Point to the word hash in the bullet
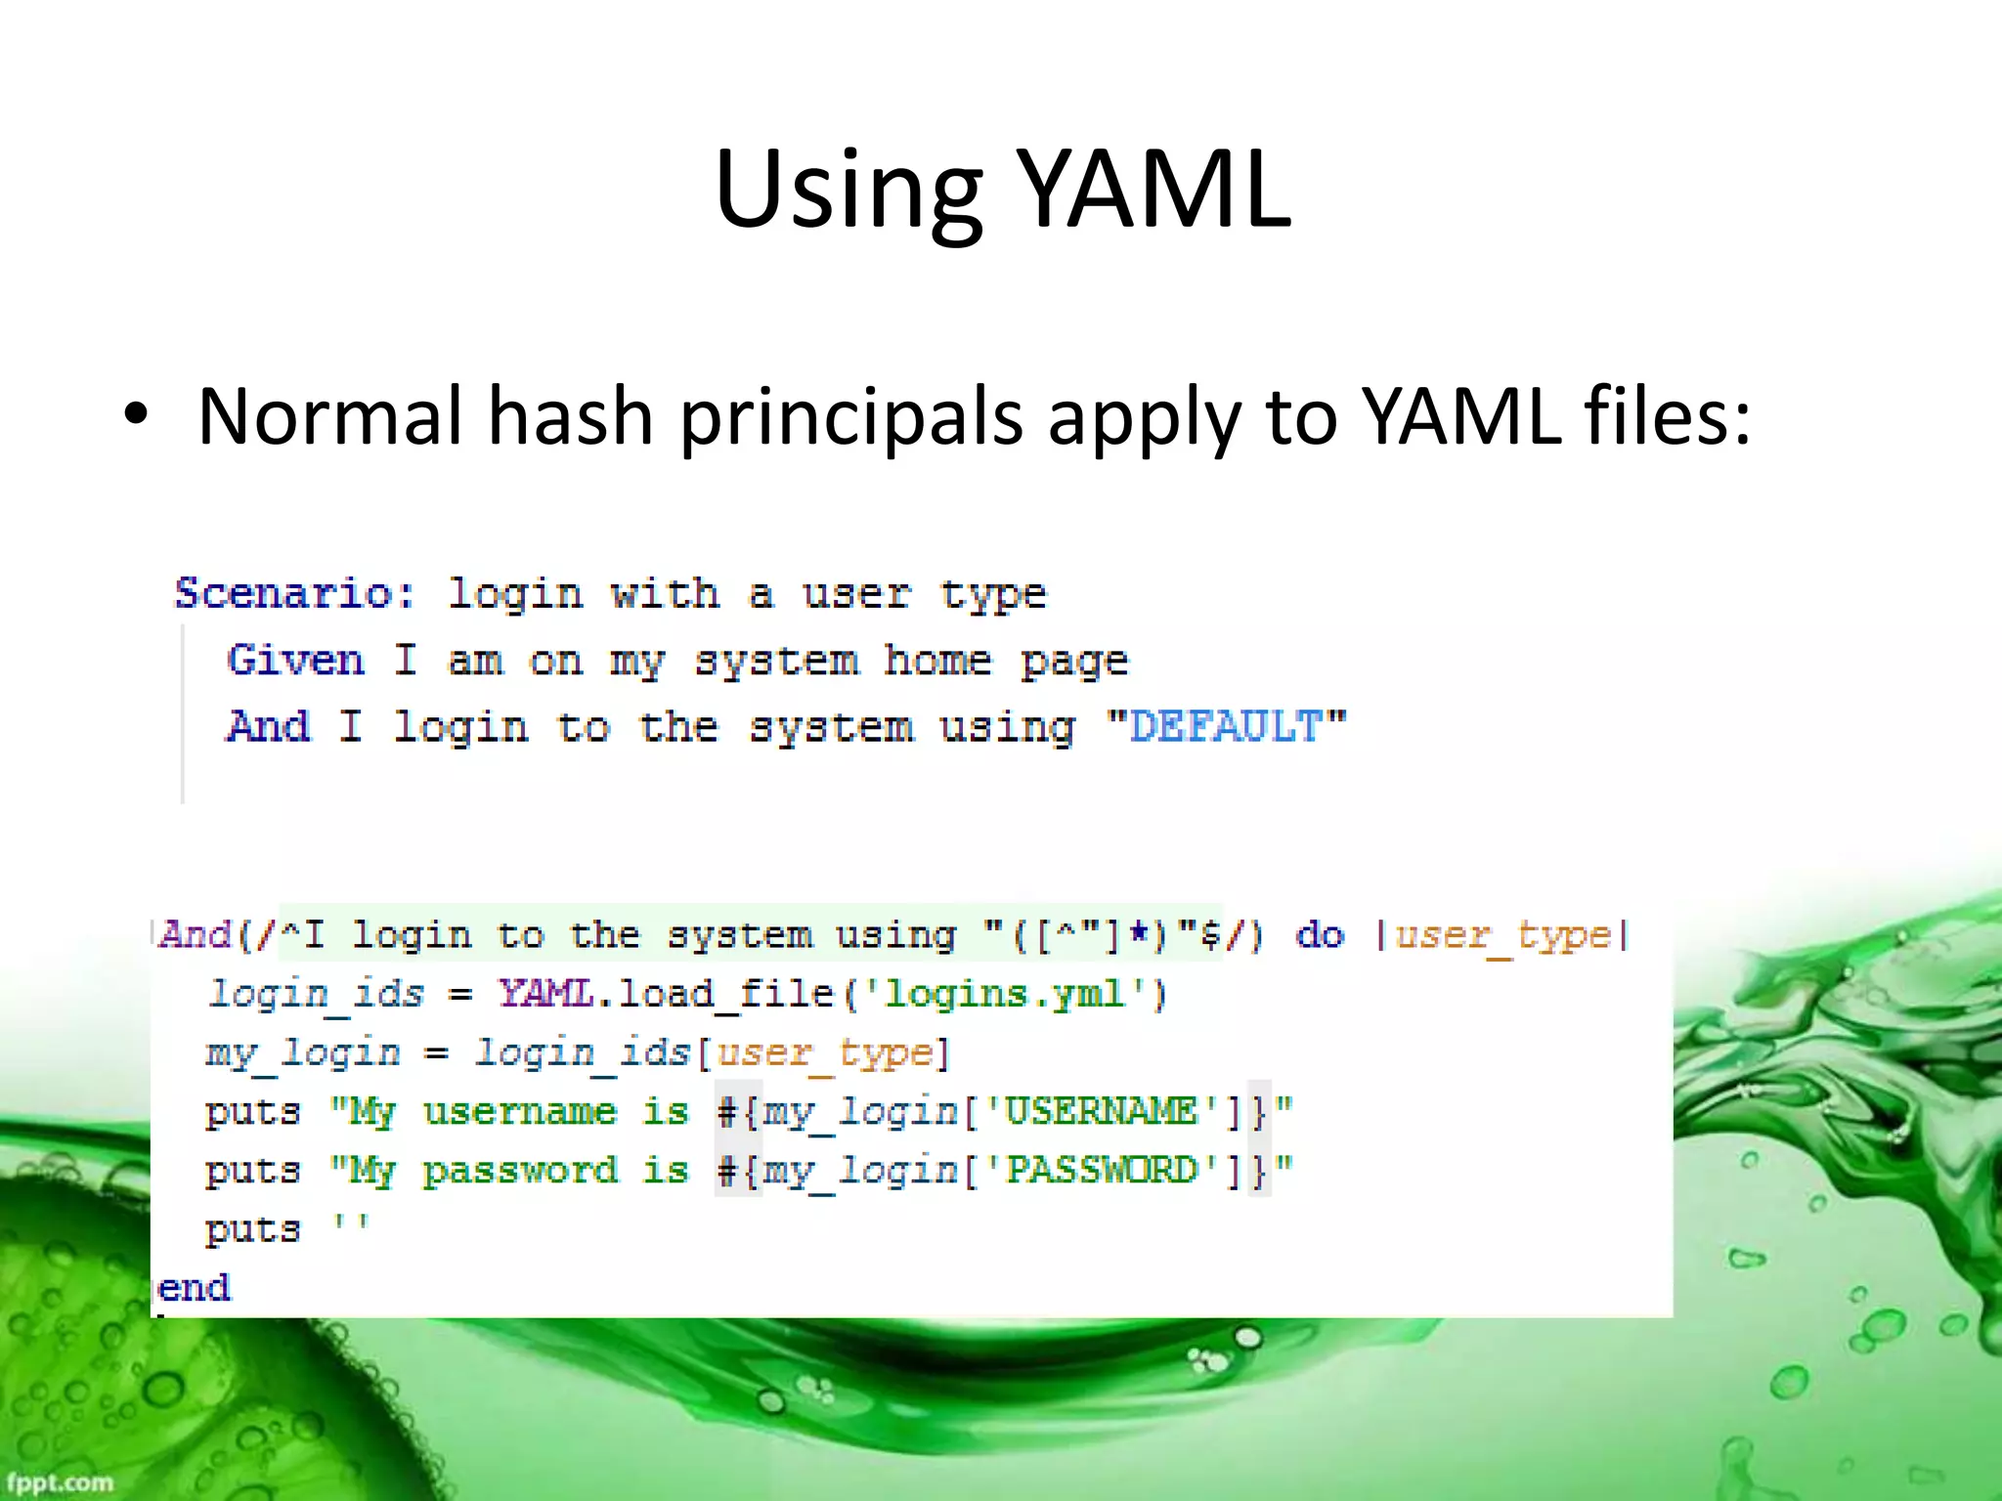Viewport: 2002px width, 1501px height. coord(570,416)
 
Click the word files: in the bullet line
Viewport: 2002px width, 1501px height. coord(1667,416)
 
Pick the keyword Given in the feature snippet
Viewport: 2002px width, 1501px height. coord(295,660)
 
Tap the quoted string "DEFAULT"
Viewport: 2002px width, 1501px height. coord(1226,726)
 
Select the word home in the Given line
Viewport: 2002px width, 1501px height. coord(937,661)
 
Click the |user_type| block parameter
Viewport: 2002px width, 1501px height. coord(1502,935)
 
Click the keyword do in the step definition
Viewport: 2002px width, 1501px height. coord(1320,935)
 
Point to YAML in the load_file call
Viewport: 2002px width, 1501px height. coord(546,995)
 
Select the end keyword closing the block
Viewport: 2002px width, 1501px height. coord(194,1288)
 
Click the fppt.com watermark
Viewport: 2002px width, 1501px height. coord(58,1481)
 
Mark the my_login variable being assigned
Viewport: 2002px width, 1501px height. coord(303,1053)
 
